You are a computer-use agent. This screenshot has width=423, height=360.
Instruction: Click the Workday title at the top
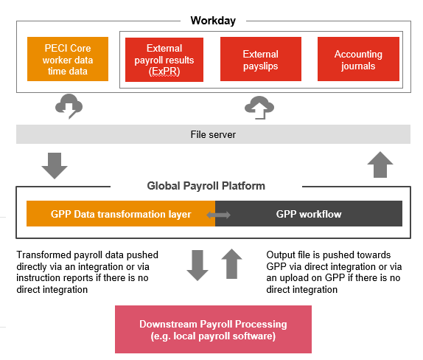(212, 21)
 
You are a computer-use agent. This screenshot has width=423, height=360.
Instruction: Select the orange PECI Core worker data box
(68, 59)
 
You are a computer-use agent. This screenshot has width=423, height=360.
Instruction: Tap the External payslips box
(260, 59)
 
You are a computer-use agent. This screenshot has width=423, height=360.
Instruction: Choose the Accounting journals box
(358, 59)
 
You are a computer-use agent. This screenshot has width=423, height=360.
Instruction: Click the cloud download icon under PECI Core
(69, 106)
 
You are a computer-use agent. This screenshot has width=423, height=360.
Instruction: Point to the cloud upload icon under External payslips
(259, 108)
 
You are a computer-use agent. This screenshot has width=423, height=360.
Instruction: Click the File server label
(212, 134)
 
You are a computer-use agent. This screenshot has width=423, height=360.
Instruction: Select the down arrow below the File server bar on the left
(55, 165)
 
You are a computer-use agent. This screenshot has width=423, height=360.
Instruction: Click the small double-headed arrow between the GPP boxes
(218, 215)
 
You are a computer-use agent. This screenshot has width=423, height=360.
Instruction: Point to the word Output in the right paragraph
(281, 255)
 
